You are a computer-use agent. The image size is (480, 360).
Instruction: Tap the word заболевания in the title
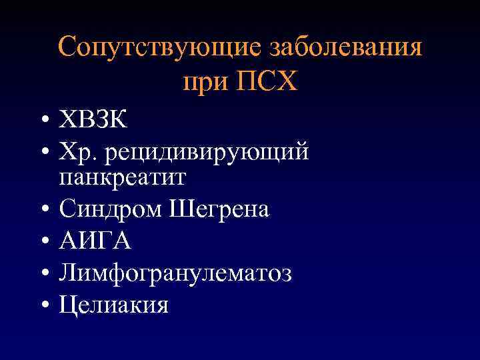pos(346,49)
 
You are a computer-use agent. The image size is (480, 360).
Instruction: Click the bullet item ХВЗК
pos(93,121)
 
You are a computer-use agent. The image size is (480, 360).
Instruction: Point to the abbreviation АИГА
pos(95,241)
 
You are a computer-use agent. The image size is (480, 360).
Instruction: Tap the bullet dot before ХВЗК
pos(42,122)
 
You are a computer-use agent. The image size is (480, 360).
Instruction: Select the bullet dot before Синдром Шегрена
pos(42,211)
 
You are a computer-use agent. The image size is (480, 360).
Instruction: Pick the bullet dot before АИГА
pos(42,242)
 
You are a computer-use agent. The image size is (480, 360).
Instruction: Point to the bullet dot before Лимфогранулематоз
pos(42,273)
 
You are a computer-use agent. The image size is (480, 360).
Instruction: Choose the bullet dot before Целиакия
pos(42,305)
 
